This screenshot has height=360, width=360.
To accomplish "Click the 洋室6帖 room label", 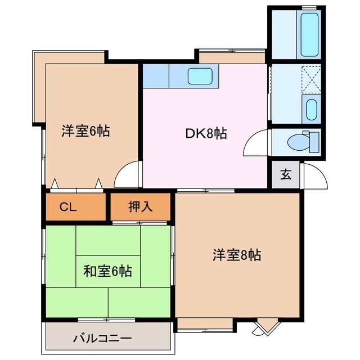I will [85, 132].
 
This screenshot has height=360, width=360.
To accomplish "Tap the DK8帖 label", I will [206, 134].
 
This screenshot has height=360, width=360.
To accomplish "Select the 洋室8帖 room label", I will [236, 255].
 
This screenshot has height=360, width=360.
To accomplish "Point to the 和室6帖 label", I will [107, 272].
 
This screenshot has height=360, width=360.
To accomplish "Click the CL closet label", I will [68, 207].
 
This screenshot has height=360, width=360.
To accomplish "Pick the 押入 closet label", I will [140, 207].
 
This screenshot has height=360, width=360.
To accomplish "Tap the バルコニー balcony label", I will [102, 339].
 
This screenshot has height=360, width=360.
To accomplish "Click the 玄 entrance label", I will [286, 174].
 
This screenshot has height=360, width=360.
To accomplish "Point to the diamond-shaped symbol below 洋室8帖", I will [265, 327].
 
